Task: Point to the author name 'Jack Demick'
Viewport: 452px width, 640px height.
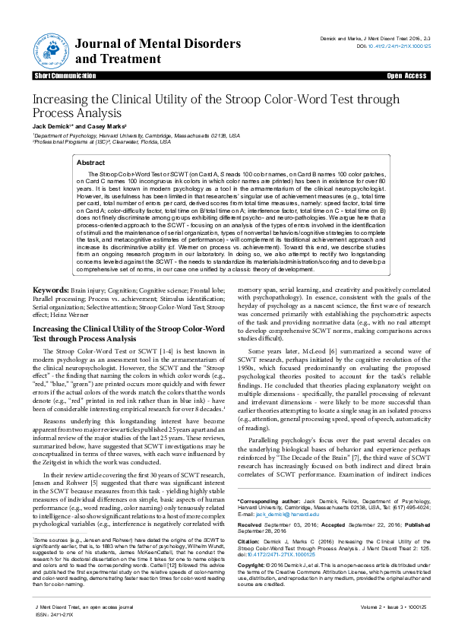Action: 52,125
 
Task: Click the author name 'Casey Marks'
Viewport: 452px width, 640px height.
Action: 107,125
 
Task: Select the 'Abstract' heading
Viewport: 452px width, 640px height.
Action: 91,163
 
